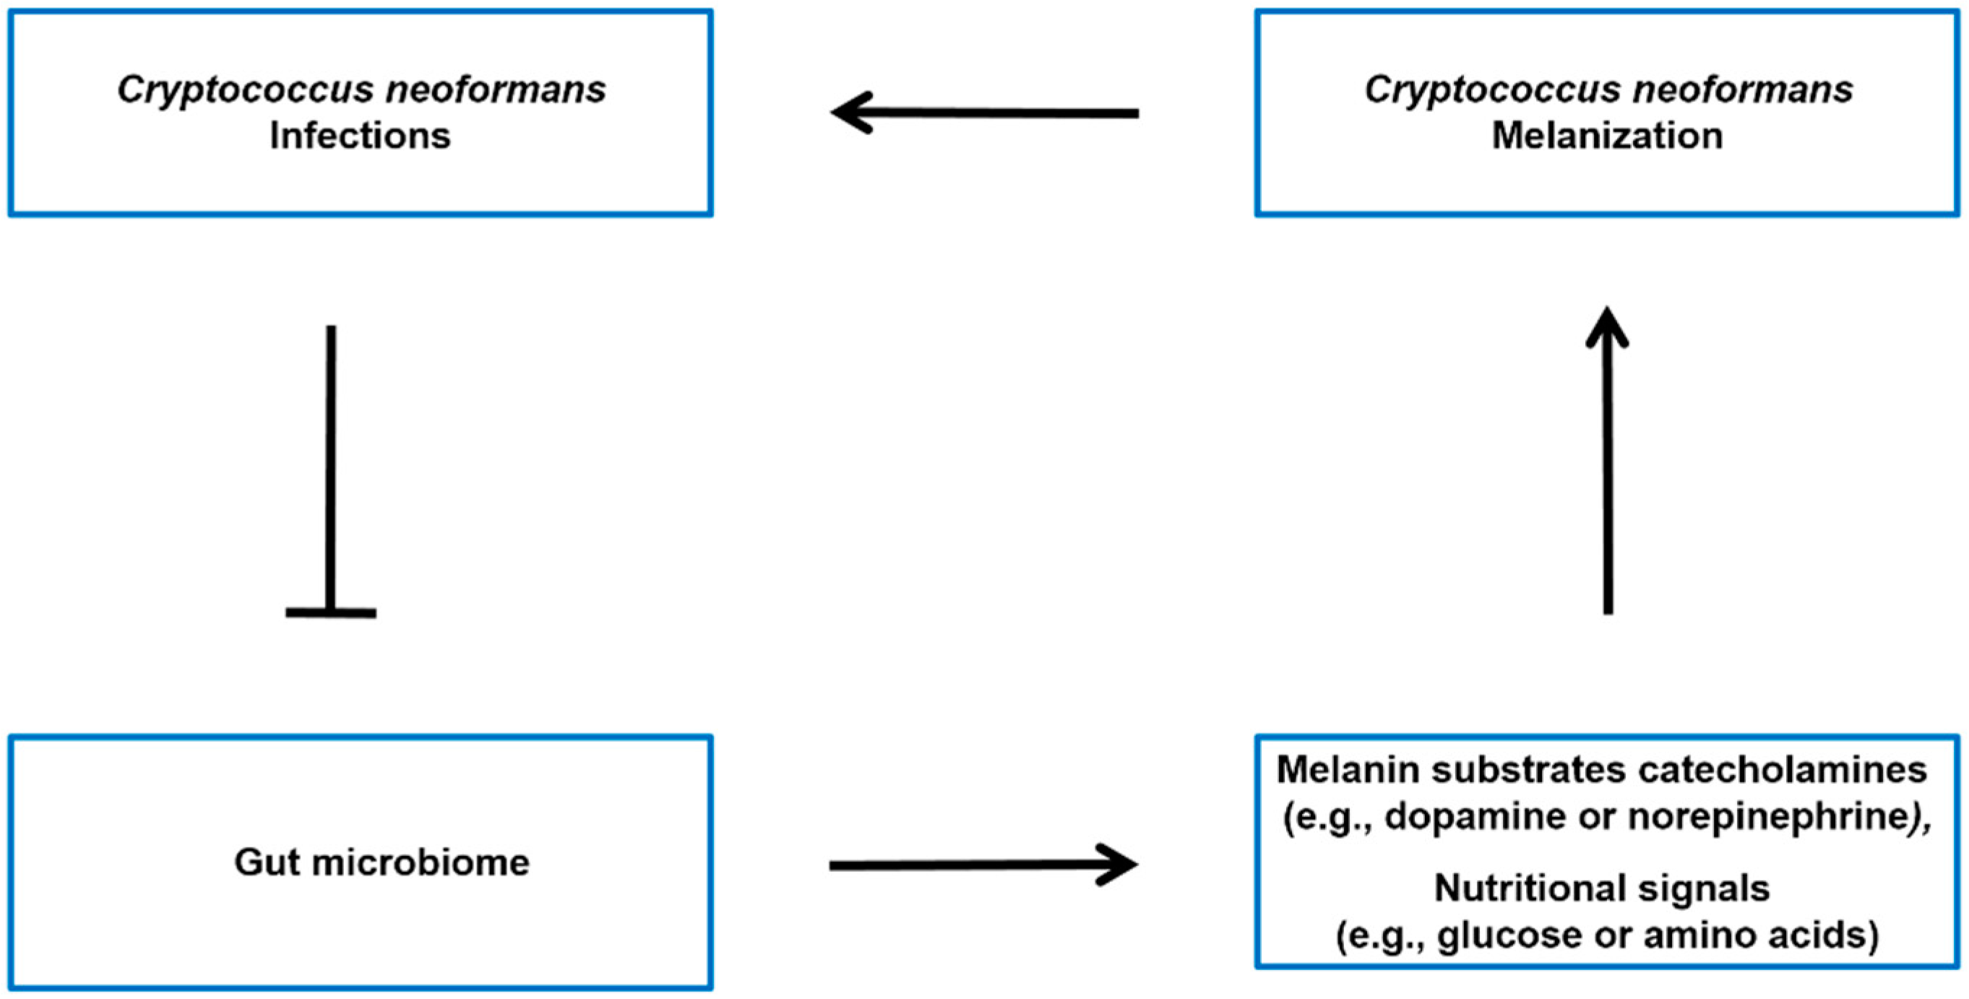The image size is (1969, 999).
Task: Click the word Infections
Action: tap(360, 136)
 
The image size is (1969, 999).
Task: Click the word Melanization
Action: tap(1608, 136)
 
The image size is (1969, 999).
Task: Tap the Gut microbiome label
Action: tap(382, 862)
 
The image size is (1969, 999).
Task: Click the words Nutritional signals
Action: tap(1602, 888)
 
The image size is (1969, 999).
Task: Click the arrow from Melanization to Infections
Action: tap(986, 113)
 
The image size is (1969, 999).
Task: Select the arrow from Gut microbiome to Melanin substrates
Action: tap(982, 865)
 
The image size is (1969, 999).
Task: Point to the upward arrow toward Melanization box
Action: tap(1608, 466)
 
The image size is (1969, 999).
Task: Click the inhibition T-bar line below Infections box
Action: tap(331, 466)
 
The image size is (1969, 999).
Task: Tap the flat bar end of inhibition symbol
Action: tap(331, 613)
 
